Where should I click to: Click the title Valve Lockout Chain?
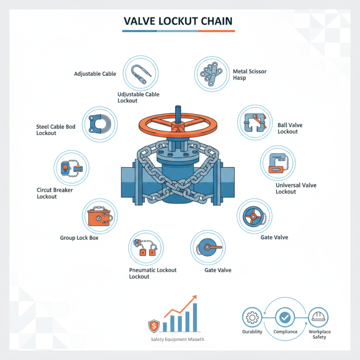tap(179, 21)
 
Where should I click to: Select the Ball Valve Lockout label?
tap(288, 128)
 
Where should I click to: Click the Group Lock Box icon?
tap(100, 216)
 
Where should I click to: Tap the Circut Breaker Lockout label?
tap(54, 193)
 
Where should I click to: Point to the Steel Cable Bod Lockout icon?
tap(100, 124)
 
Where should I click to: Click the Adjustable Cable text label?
tap(95, 73)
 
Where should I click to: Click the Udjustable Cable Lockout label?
tap(134, 97)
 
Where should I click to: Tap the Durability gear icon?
tap(252, 318)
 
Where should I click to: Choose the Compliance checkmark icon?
tap(285, 318)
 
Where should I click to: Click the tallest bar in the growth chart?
tap(195, 316)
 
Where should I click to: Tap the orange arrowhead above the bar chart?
tap(194, 297)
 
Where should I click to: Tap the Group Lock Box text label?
tap(79, 237)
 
